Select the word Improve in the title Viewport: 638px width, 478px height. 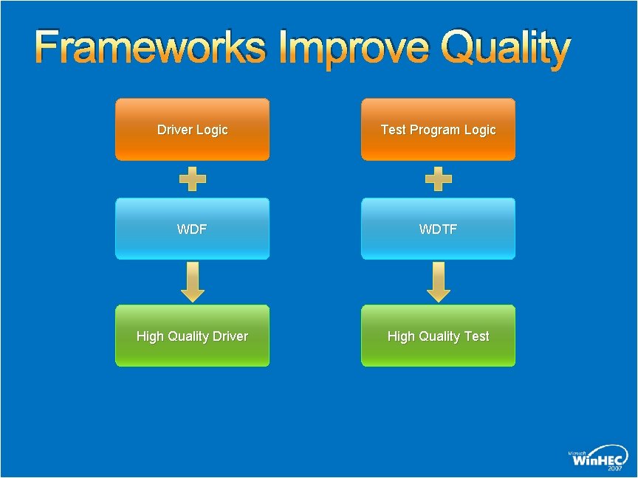click(354, 49)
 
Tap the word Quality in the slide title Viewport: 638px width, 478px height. click(506, 49)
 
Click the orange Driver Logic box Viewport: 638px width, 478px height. click(192, 130)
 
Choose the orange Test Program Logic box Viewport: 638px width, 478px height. click(438, 130)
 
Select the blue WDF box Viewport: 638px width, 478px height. click(192, 229)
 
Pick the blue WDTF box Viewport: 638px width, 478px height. click(438, 229)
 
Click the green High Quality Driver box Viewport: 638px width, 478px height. click(192, 336)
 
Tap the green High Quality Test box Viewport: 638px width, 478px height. click(438, 336)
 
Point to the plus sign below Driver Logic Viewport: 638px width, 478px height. click(193, 179)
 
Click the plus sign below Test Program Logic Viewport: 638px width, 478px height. click(439, 179)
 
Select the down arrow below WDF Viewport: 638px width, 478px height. click(193, 282)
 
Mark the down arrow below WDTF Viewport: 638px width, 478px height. click(439, 282)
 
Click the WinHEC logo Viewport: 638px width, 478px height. click(599, 458)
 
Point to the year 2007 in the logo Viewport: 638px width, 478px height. click(616, 468)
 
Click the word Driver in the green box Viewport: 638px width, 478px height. click(230, 336)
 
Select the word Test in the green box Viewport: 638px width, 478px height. click(476, 336)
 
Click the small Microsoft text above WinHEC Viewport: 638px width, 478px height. click(577, 451)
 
